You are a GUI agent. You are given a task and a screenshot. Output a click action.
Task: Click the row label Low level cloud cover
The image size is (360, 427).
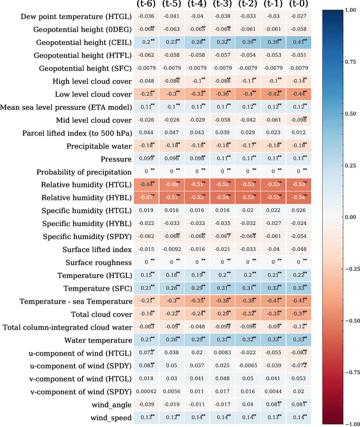[93, 94]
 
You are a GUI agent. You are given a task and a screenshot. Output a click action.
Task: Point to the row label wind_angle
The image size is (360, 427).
[111, 404]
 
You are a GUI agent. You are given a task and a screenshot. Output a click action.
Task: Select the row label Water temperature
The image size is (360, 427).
[98, 340]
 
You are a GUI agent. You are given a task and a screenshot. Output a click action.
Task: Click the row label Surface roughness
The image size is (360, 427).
[98, 262]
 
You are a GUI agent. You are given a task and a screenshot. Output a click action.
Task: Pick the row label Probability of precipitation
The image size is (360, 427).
[84, 172]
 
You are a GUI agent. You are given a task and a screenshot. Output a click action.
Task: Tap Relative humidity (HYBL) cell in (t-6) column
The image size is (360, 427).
[147, 197]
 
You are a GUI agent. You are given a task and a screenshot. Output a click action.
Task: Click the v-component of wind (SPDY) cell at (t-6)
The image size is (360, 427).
[147, 392]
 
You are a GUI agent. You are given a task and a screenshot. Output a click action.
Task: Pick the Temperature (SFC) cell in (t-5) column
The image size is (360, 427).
[172, 288]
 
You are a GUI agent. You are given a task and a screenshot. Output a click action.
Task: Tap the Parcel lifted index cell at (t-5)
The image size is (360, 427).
[172, 133]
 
